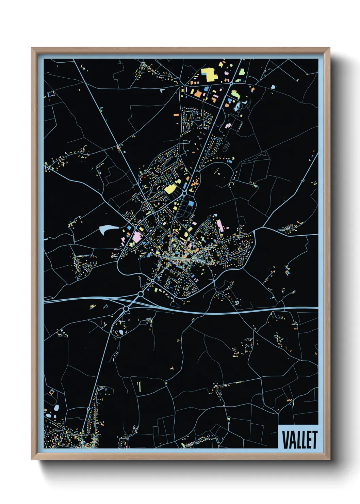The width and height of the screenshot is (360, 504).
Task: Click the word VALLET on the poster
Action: coord(299,440)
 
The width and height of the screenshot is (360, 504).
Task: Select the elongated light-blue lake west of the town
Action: coord(108,229)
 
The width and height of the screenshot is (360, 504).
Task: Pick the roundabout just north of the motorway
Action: coord(141,294)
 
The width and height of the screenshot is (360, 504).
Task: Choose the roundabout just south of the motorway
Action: coord(126,309)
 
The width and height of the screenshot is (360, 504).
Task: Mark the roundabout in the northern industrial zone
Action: coord(231,83)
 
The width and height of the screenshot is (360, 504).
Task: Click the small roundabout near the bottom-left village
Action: coord(88,408)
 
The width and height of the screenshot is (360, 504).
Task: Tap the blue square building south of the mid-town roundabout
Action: coord(191,203)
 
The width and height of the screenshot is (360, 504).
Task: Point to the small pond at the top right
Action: coord(273,87)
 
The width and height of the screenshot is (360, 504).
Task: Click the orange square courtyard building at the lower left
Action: coord(51,392)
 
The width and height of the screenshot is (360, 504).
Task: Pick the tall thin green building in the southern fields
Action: coord(139,386)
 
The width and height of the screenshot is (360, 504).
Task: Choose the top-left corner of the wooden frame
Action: coord(32,48)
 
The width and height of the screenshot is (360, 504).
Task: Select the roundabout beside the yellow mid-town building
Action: coord(184,193)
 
